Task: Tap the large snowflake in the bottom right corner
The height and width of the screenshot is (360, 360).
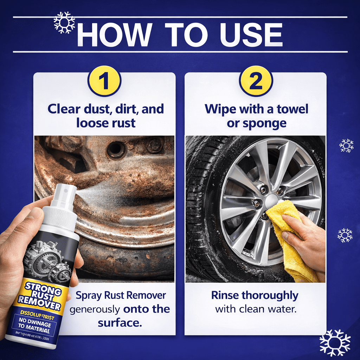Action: [x=335, y=342]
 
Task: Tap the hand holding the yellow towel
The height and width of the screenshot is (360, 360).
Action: [x=306, y=243]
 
